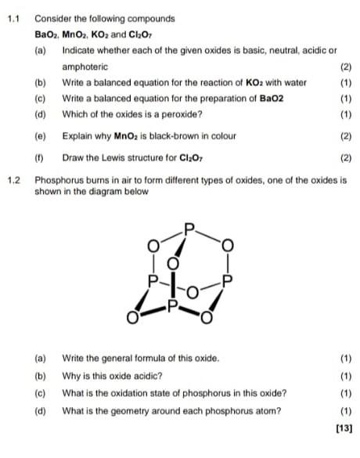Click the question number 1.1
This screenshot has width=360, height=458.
click(x=12, y=18)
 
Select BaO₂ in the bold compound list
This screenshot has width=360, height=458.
click(x=46, y=35)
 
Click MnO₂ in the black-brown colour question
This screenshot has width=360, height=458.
click(x=127, y=135)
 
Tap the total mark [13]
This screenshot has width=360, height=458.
click(x=343, y=428)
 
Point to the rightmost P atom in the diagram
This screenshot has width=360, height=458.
click(x=228, y=279)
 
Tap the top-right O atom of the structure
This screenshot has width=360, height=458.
click(x=228, y=245)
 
